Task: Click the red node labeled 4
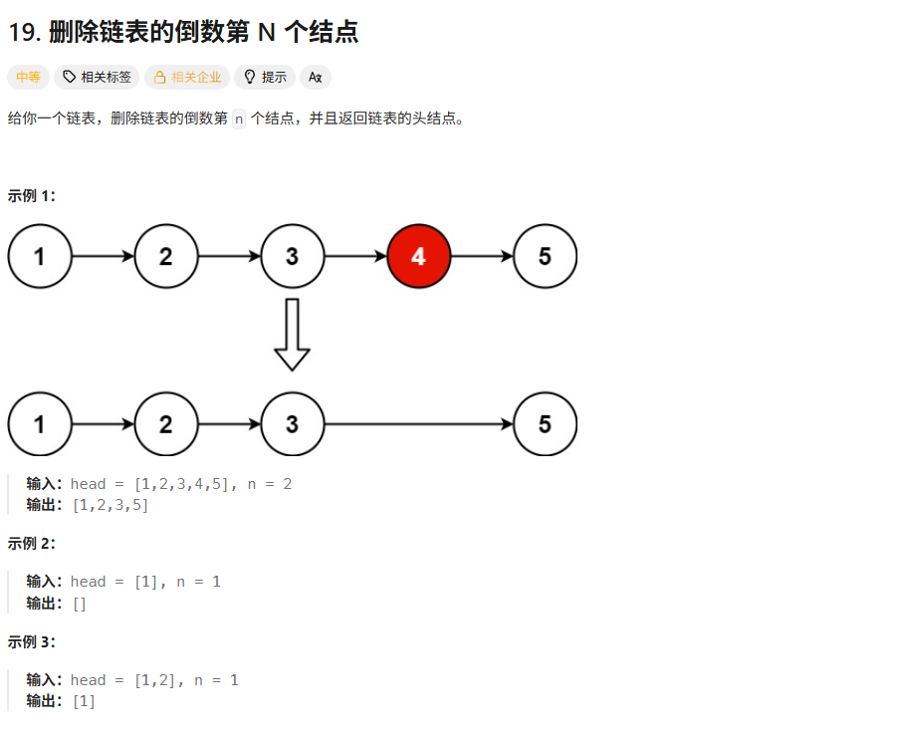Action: [418, 256]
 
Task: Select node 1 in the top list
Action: [40, 256]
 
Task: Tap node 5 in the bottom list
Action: [545, 424]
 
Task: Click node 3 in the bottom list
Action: [292, 424]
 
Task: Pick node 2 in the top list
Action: [166, 256]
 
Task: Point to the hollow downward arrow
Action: [292, 335]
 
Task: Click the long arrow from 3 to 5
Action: [418, 424]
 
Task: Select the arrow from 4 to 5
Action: [482, 256]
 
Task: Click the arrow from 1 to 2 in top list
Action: [103, 256]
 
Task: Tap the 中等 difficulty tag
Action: [27, 77]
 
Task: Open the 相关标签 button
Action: [97, 77]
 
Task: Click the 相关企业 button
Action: [187, 77]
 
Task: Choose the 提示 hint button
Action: [265, 77]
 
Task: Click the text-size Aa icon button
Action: [316, 77]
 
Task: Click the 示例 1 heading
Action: [31, 196]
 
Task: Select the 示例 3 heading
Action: [31, 641]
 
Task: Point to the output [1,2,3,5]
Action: [111, 505]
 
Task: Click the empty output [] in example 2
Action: [80, 604]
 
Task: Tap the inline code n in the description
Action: [238, 119]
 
